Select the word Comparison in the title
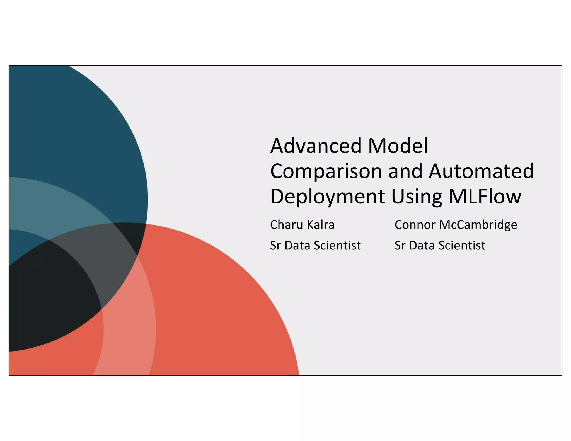[326, 172]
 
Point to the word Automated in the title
[481, 171]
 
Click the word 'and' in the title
[405, 171]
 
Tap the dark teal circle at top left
[70, 125]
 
